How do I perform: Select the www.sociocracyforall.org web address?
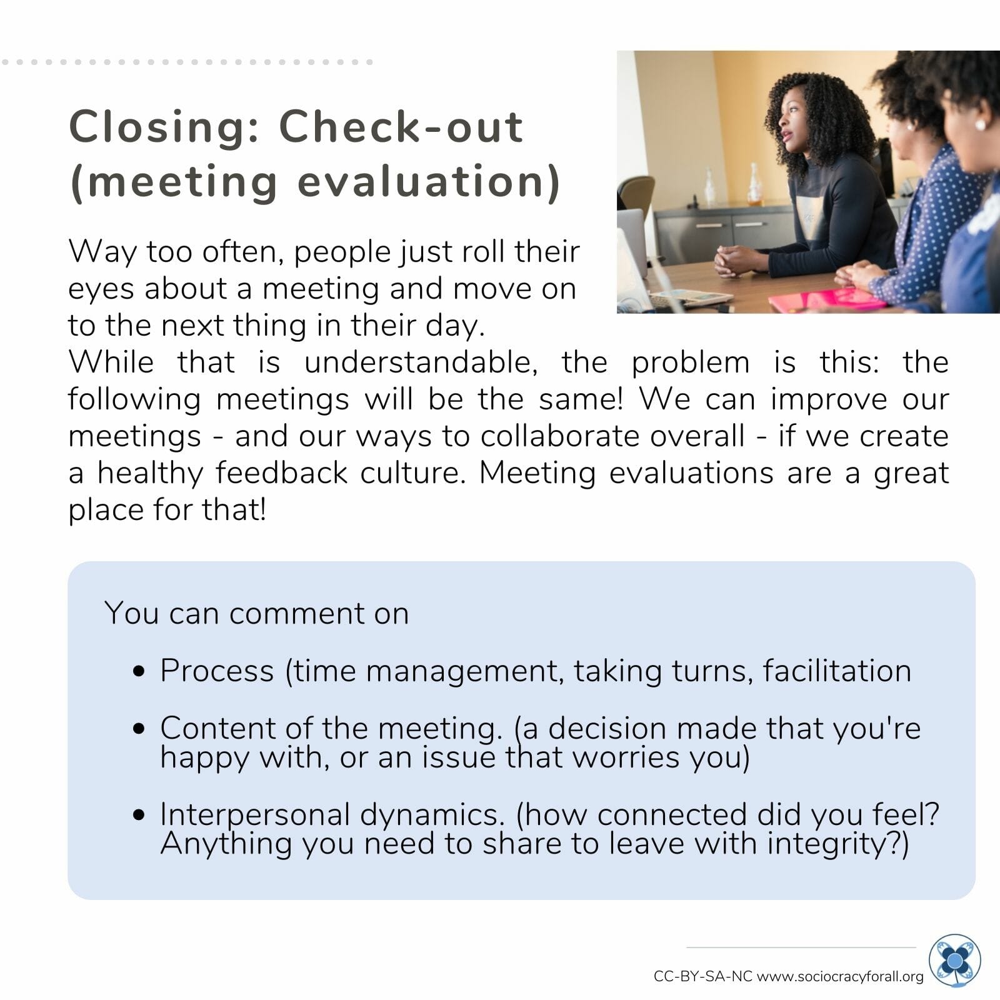[840, 976]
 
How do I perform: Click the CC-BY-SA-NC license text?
[703, 976]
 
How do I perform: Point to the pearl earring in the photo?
[979, 124]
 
